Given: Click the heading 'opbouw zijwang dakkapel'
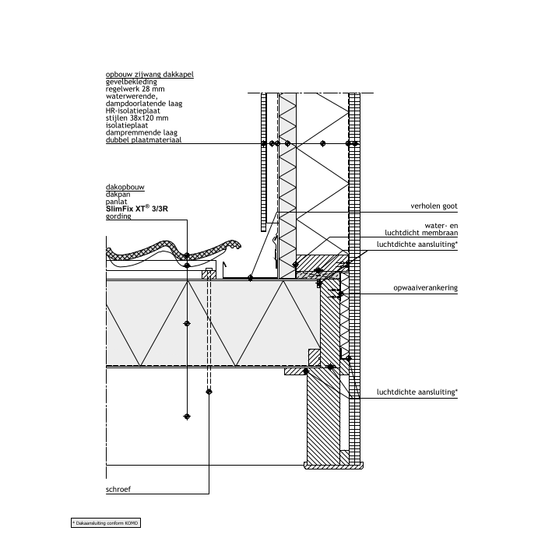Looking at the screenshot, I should point(149,75).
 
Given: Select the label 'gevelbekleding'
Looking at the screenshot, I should point(131,82).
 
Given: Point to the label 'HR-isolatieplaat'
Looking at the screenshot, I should point(132,111).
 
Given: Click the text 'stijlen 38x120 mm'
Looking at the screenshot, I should point(136,118).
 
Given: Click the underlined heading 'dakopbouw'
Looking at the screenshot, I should point(125,188).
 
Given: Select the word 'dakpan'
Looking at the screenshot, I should point(118,195).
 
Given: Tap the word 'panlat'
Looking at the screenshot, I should point(117,202).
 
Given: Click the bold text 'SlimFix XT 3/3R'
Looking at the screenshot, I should point(136,209).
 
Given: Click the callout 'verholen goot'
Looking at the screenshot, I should point(434,206).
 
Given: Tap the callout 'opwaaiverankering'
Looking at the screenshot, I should point(424,287).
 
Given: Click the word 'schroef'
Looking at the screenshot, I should point(118,491).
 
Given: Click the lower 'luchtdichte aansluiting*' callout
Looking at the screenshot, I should point(417,392).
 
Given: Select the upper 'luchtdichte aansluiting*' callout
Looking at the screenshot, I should point(417,244).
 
